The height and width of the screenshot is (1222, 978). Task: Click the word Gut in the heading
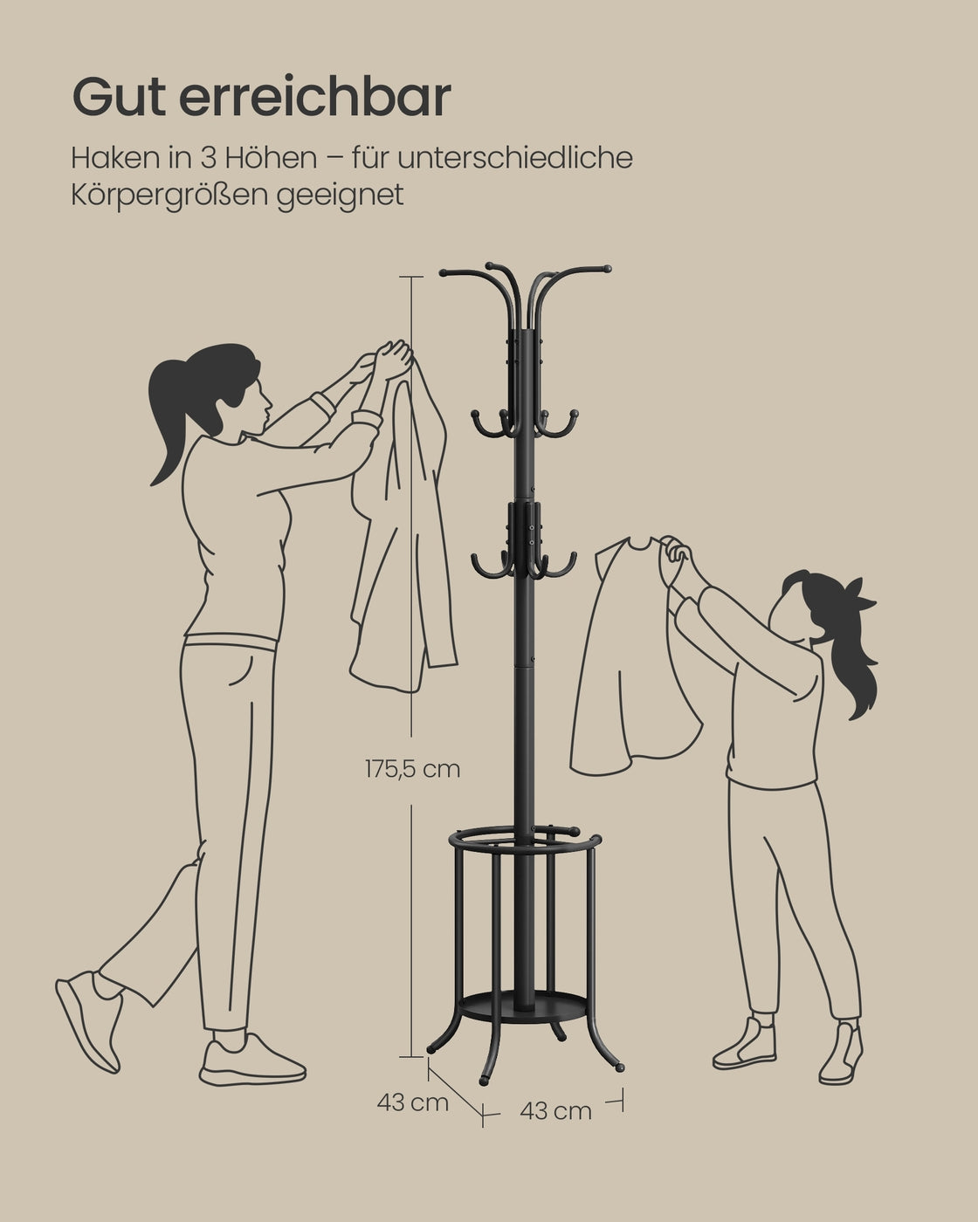(119, 98)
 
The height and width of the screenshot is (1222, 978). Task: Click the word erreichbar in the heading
(315, 97)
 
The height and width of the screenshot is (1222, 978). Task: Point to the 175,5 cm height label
(412, 770)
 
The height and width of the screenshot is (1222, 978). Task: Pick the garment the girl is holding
(634, 659)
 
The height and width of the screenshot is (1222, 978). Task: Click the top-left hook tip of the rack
(444, 272)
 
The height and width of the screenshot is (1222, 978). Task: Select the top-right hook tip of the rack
(606, 269)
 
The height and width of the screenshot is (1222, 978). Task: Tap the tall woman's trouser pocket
(242, 670)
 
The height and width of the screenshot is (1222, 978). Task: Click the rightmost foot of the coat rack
(620, 1068)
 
